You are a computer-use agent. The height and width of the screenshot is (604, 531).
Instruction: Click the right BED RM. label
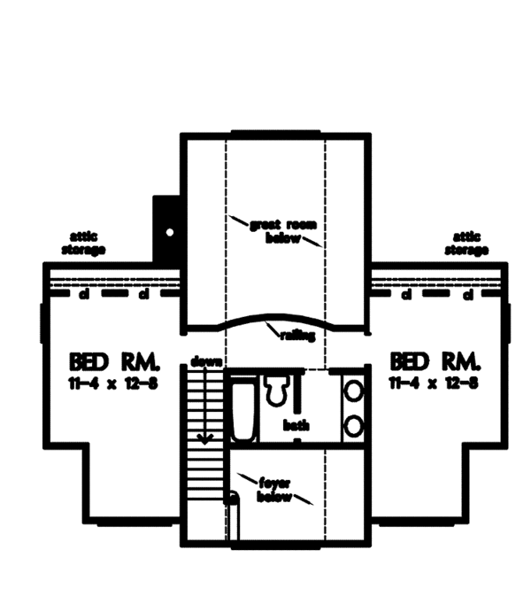tap(435, 361)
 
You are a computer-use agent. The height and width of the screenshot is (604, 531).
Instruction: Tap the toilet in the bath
tap(275, 390)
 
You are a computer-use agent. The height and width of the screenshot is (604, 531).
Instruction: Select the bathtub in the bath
tap(243, 409)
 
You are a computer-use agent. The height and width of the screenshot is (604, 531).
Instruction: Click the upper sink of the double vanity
tap(352, 391)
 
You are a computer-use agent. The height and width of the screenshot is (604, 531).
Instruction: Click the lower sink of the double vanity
tap(352, 425)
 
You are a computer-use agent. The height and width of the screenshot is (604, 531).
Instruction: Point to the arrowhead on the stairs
tap(204, 436)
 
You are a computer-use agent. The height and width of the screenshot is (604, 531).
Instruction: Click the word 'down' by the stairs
tap(205, 362)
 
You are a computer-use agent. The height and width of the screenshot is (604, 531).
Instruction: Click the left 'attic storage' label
tap(84, 244)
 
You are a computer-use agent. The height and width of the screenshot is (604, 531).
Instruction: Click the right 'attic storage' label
tap(466, 244)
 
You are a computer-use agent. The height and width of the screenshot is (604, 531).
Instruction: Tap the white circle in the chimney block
tap(168, 232)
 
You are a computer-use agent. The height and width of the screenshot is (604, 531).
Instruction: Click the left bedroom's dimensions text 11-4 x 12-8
tap(112, 382)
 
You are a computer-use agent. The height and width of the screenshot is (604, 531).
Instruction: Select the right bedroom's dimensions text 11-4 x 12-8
tap(435, 382)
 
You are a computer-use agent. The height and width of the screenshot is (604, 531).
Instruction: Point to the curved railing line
tap(274, 317)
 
